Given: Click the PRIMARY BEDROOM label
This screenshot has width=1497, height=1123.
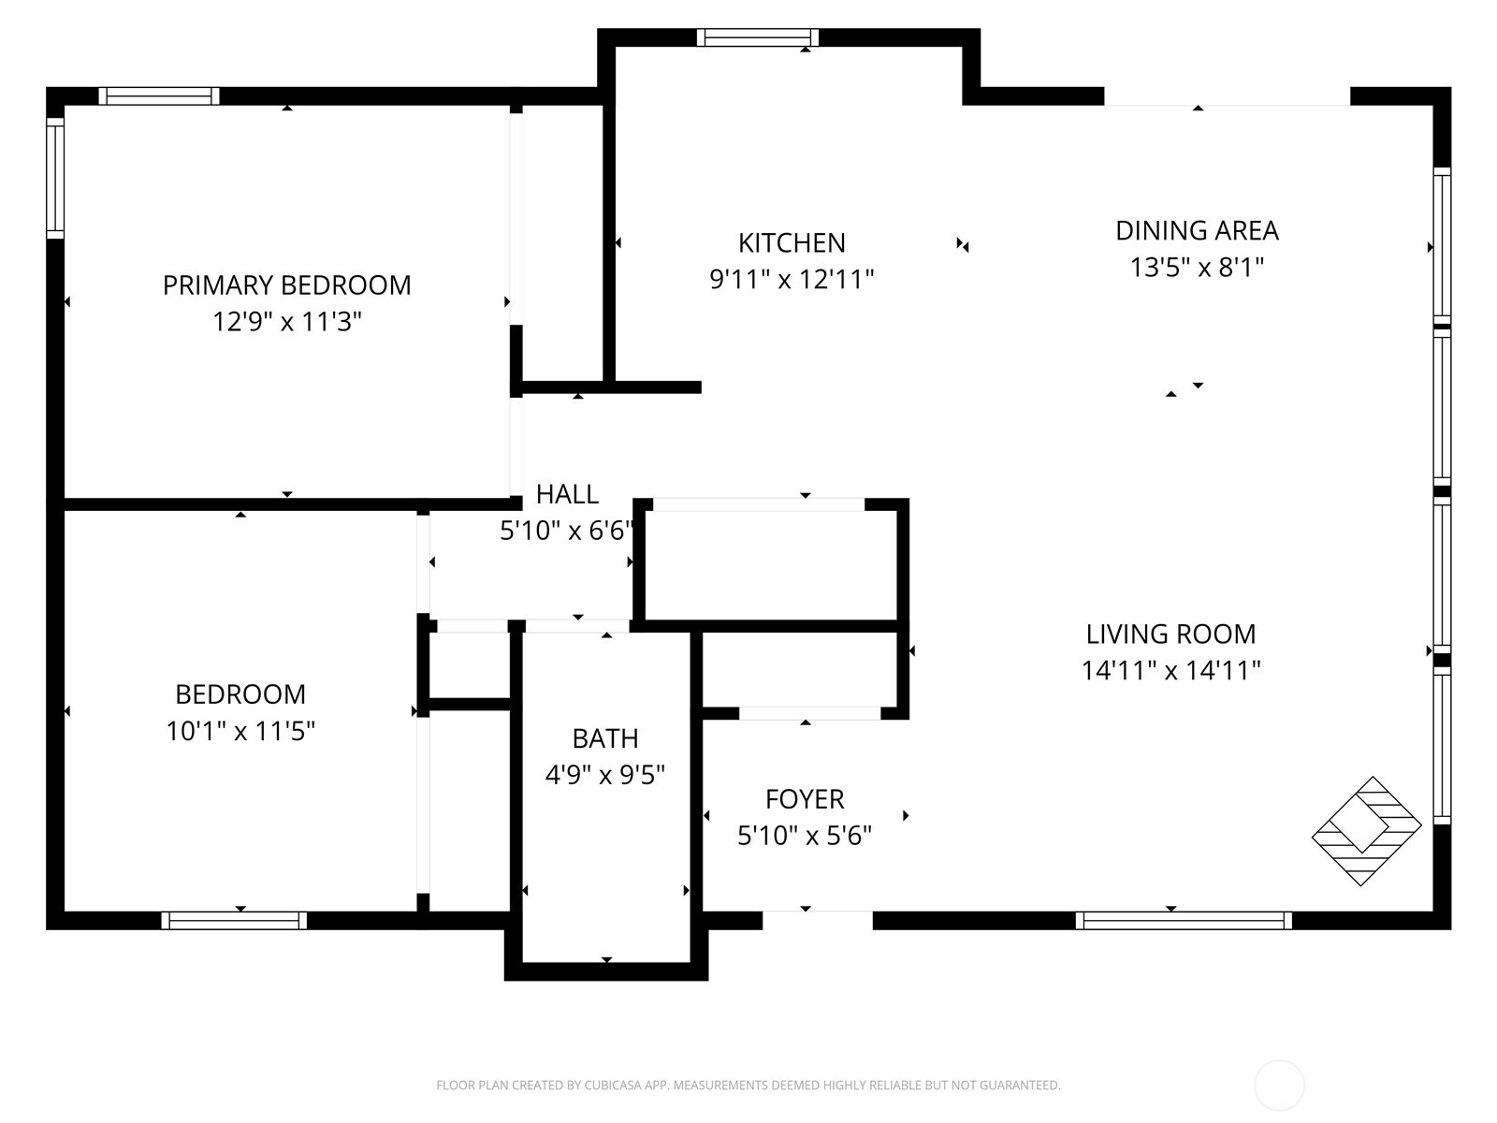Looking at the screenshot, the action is [x=286, y=285].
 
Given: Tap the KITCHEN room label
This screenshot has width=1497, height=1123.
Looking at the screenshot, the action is [x=792, y=242].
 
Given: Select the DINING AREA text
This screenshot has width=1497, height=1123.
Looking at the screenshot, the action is [x=1197, y=230].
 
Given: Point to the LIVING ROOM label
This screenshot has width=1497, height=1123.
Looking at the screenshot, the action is [x=1170, y=634].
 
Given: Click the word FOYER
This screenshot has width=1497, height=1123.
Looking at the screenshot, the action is [x=805, y=798].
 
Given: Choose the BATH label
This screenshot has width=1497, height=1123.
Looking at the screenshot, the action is [x=605, y=737].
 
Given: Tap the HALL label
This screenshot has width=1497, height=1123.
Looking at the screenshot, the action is [x=567, y=494].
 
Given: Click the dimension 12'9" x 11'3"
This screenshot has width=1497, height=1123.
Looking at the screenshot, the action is [x=286, y=321].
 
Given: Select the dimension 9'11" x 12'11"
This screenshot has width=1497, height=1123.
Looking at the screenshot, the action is [x=792, y=279].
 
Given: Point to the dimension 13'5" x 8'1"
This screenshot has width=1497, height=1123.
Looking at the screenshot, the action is [x=1197, y=267].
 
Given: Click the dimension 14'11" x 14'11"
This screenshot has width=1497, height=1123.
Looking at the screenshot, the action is [x=1170, y=670].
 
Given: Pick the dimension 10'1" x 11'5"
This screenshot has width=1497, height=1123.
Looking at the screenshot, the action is [x=240, y=731].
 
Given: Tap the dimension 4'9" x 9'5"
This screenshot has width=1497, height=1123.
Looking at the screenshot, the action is [x=605, y=775].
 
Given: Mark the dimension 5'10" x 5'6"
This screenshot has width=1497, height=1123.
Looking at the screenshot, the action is [x=805, y=835].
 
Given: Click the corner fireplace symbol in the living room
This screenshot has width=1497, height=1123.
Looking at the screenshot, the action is [x=1366, y=830].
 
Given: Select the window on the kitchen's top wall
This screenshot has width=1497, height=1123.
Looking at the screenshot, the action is [x=757, y=37].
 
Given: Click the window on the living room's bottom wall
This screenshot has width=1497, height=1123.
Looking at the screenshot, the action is [x=1184, y=920].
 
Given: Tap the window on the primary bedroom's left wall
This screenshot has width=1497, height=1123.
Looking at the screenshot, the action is [x=55, y=179].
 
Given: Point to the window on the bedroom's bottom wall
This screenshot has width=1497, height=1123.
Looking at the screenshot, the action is [x=234, y=920].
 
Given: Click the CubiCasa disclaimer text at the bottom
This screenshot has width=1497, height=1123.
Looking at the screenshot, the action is [x=748, y=1085].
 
